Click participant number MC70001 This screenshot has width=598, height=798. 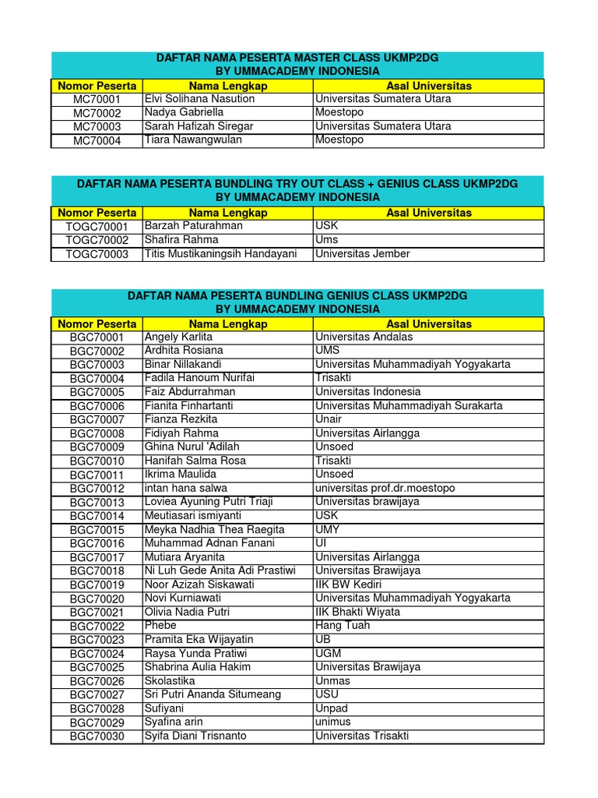tap(97, 100)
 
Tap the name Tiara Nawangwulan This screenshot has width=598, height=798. tap(193, 140)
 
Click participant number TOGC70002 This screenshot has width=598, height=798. tap(97, 240)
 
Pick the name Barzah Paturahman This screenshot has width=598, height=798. tap(194, 226)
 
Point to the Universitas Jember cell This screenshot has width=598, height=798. tap(362, 254)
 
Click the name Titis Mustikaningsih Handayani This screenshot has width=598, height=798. tap(226, 254)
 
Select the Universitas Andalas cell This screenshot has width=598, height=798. tap(364, 337)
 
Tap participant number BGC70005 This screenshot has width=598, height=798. tap(97, 393)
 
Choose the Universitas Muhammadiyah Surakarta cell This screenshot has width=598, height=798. tap(409, 406)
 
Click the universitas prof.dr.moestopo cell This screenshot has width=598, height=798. tap(385, 489)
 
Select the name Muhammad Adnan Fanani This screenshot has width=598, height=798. tap(205, 543)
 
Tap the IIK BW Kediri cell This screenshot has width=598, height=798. tap(347, 584)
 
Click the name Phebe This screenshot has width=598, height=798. tap(160, 626)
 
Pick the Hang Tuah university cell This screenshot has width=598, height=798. tap(342, 626)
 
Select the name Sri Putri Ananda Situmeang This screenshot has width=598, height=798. tap(213, 694)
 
